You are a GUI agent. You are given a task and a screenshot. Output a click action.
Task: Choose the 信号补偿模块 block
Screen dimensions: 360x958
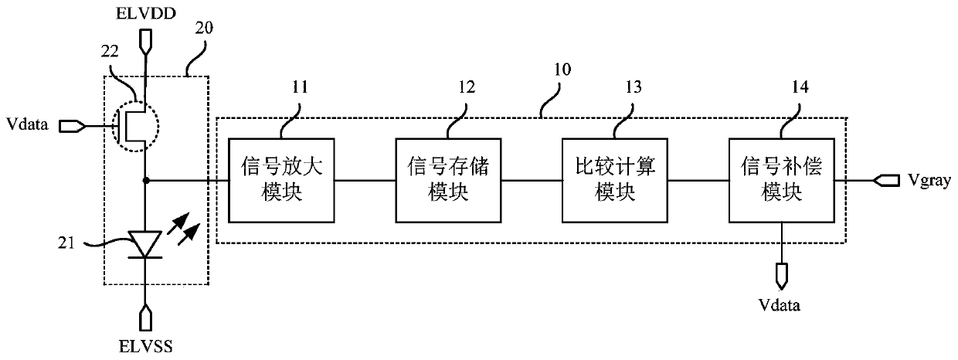click(783, 179)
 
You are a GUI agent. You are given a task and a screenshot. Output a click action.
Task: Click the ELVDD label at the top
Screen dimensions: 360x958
click(145, 12)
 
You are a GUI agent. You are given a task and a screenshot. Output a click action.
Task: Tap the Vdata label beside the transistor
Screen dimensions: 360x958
click(28, 124)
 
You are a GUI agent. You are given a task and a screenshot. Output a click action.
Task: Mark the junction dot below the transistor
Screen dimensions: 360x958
click(145, 180)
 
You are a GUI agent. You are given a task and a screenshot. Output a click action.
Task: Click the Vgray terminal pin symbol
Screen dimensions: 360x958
click(886, 180)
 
